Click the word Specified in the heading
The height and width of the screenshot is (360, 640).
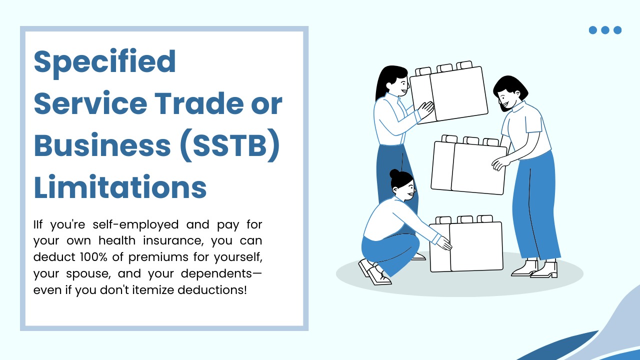104,62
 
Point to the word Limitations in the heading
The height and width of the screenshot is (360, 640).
120,187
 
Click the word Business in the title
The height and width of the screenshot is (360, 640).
102,145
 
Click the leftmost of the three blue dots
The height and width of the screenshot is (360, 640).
593,30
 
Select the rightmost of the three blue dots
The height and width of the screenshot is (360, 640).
617,30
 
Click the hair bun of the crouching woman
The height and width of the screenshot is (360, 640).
395,174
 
